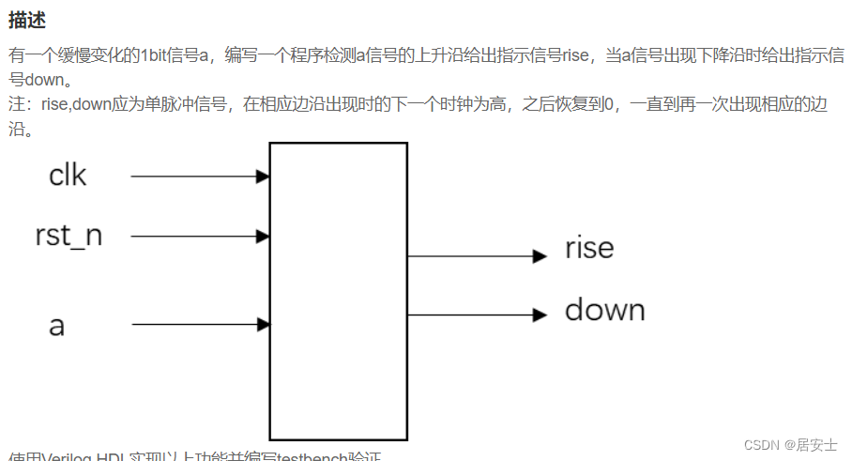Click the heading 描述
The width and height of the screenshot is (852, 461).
tap(27, 20)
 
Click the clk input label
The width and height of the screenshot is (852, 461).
tap(67, 176)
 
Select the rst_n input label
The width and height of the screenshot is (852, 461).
tap(68, 236)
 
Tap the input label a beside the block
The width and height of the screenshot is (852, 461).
tap(57, 326)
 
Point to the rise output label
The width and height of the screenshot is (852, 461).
tap(589, 249)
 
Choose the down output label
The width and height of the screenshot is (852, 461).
tap(604, 311)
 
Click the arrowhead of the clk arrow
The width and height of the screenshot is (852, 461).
tap(264, 176)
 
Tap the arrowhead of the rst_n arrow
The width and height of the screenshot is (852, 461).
tap(264, 237)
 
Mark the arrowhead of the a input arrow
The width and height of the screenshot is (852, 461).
tap(264, 325)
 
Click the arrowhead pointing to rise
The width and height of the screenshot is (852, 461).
tap(540, 255)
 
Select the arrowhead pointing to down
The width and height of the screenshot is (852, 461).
tap(540, 315)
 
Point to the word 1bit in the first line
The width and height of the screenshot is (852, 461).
tap(157, 55)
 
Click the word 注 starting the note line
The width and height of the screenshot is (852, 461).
tap(16, 104)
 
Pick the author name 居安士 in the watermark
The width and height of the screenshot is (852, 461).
tap(816, 445)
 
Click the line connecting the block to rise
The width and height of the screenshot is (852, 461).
tap(469, 255)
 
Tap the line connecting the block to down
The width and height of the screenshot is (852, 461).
tap(469, 315)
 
